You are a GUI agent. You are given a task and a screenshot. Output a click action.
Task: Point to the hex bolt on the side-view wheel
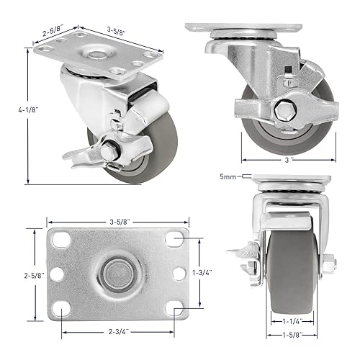pos(280,111)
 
